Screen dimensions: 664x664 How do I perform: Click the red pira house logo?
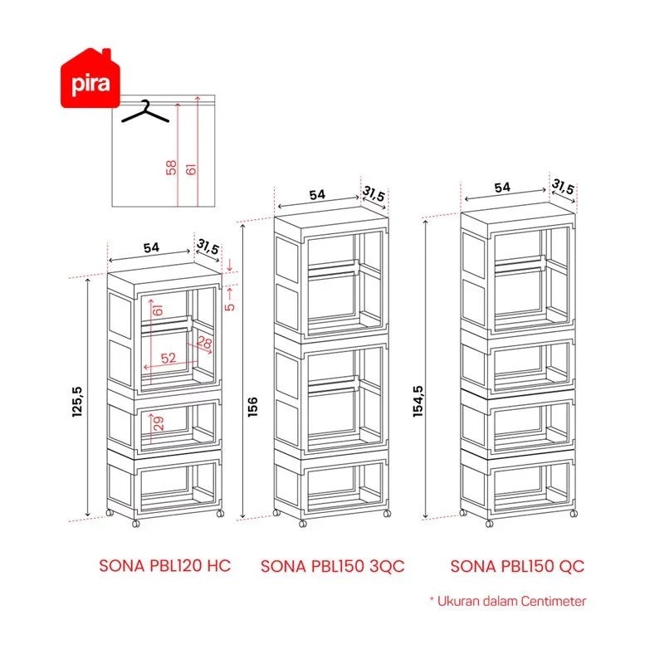click(x=90, y=79)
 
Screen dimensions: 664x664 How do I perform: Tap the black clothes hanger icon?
click(x=145, y=112)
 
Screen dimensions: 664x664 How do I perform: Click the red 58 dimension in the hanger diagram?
click(x=172, y=168)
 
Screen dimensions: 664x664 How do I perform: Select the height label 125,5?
click(x=77, y=402)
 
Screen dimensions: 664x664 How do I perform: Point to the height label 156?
click(x=252, y=407)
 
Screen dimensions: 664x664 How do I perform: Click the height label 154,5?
click(x=418, y=402)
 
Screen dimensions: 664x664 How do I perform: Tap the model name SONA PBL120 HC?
click(x=164, y=566)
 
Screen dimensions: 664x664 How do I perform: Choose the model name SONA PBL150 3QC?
click(x=333, y=566)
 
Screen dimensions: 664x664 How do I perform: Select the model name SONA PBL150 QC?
click(x=517, y=566)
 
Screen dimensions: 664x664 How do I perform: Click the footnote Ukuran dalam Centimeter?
click(x=511, y=601)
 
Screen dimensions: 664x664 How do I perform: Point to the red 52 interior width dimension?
click(x=168, y=358)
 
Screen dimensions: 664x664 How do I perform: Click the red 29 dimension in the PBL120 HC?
click(x=159, y=423)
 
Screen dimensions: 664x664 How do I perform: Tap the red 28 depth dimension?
click(x=205, y=342)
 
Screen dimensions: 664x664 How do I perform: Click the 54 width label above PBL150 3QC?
click(x=317, y=195)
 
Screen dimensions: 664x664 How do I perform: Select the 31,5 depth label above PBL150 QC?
click(x=563, y=186)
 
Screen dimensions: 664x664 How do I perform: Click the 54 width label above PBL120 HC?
click(x=151, y=247)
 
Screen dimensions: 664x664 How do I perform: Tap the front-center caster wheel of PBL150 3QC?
click(x=302, y=524)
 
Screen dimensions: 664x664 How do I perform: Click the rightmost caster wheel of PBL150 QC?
click(x=574, y=514)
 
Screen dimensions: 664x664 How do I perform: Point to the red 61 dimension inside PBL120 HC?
click(x=158, y=310)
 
